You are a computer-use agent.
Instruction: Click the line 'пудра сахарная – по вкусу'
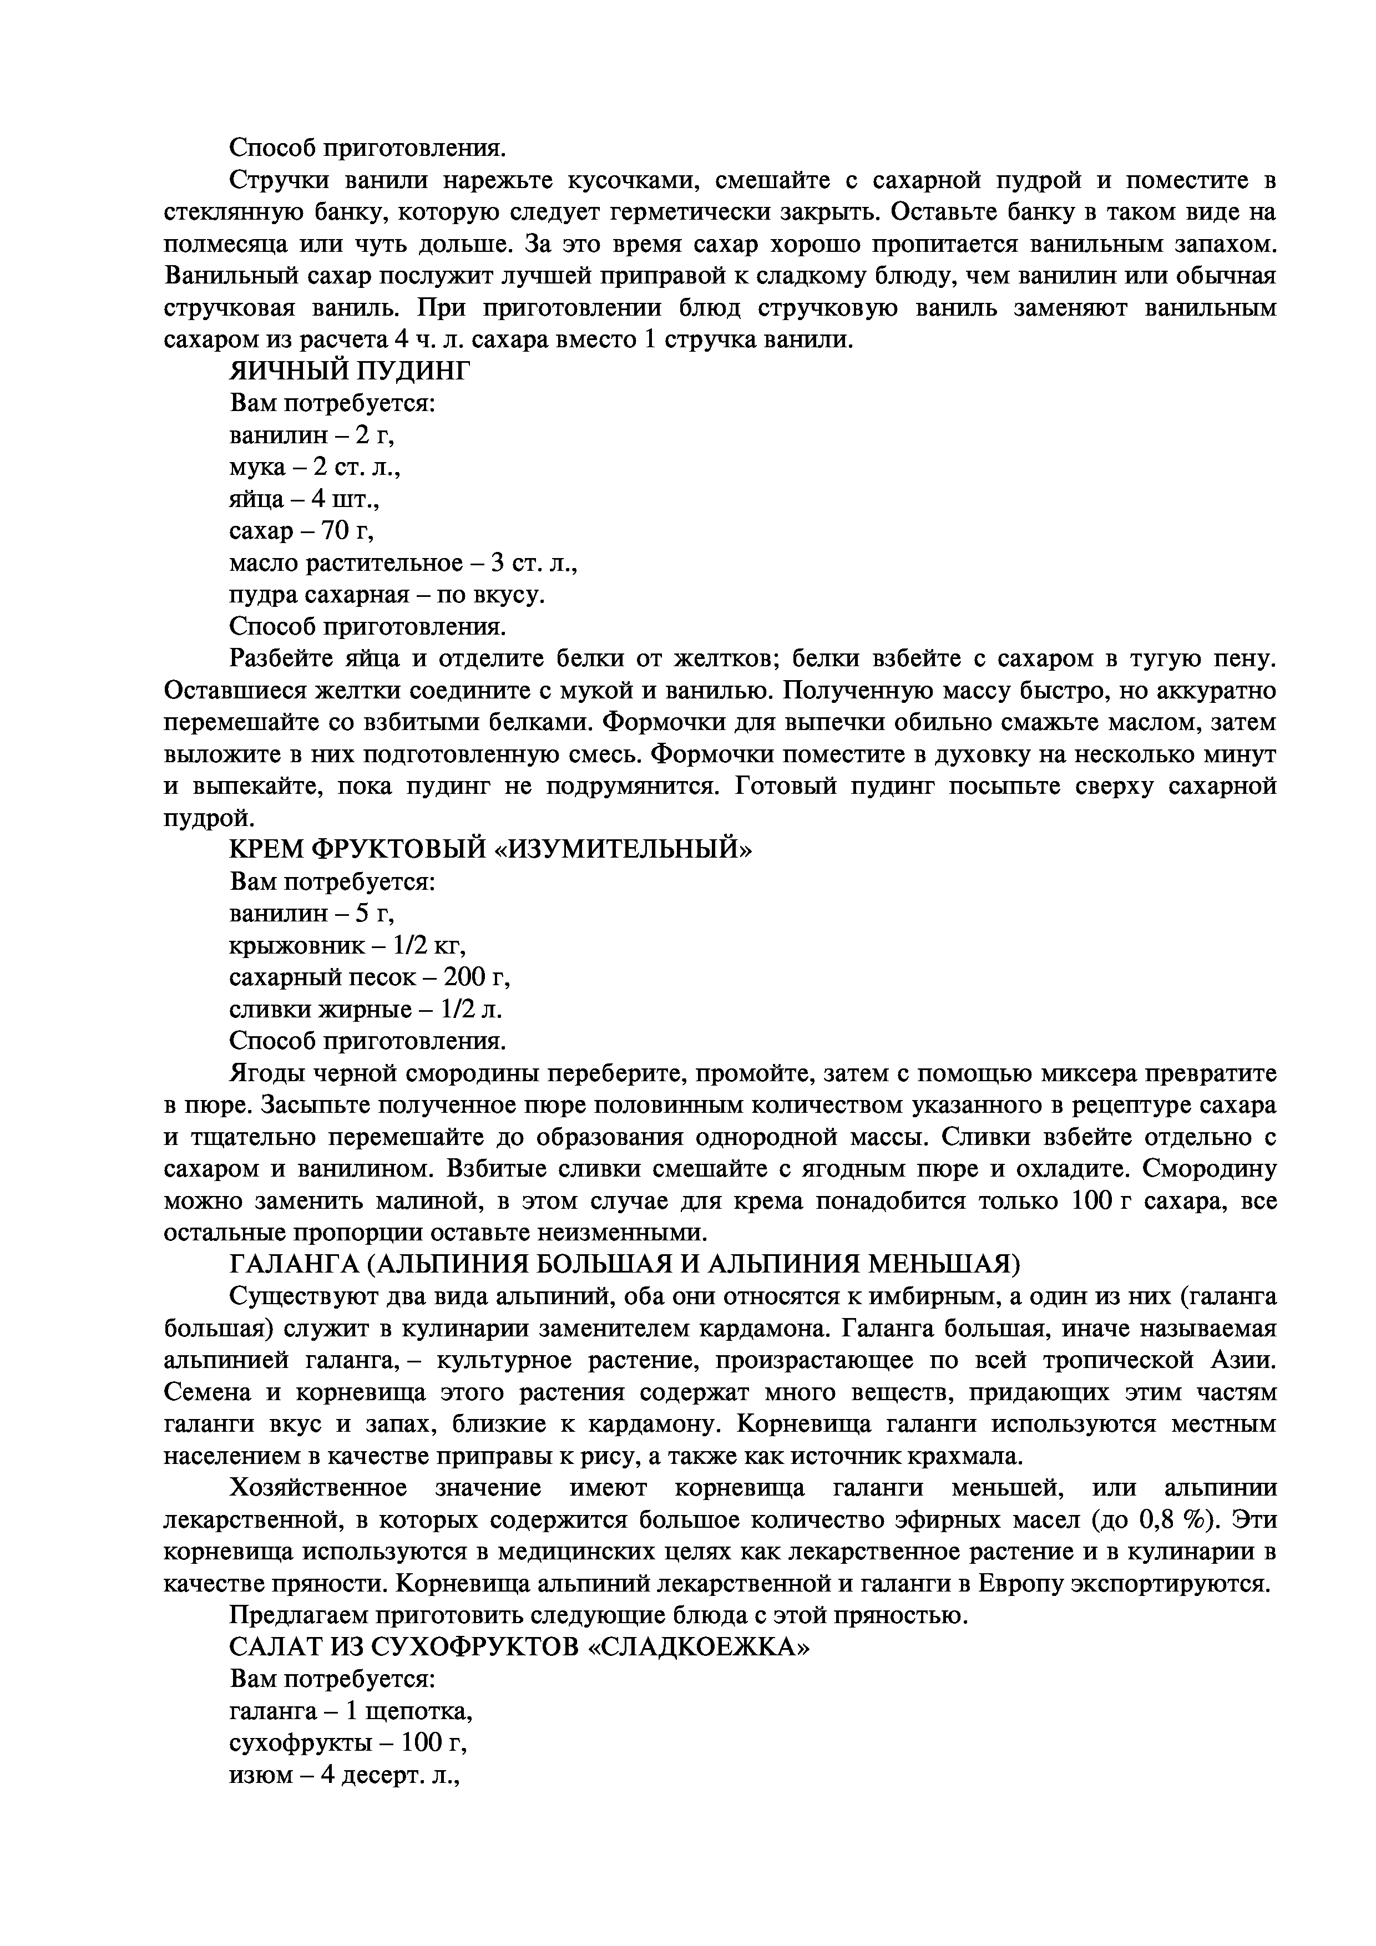point(387,596)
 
